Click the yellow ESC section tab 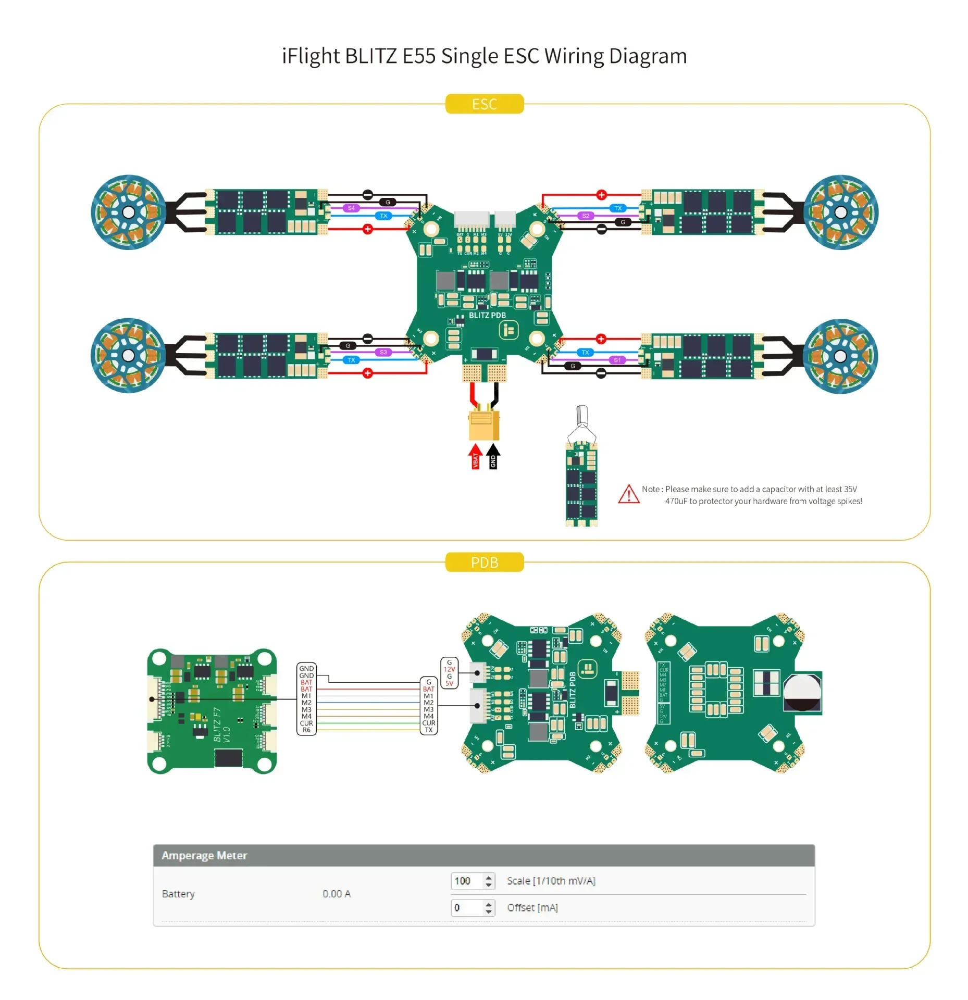pos(484,104)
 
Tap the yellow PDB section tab pos(484,562)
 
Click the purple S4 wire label pos(351,208)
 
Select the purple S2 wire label pos(586,215)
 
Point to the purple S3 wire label pos(383,352)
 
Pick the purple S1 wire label pos(617,360)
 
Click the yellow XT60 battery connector pos(484,424)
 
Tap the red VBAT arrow pos(475,457)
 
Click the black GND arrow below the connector pos(493,457)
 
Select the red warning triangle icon pos(628,494)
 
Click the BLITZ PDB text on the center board pos(487,315)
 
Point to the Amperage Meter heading pos(204,855)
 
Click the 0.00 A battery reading pos(337,894)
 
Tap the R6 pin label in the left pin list pos(306,730)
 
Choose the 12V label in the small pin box pos(449,669)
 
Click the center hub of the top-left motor pos(128,212)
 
